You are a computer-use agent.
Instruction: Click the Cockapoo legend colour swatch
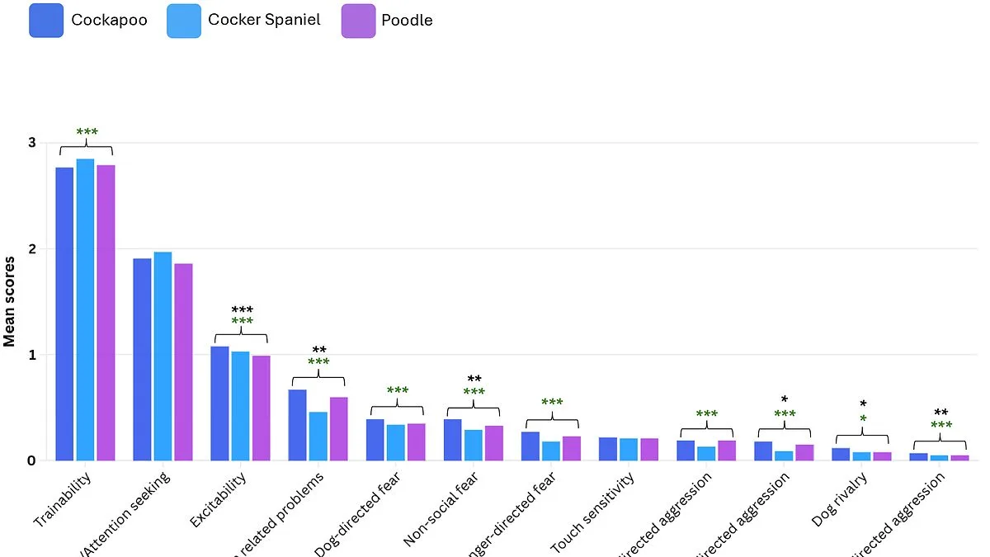[x=46, y=20]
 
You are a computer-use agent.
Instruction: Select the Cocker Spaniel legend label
[x=264, y=20]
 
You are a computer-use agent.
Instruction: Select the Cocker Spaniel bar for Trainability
[x=85, y=309]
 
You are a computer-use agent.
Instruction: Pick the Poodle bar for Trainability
[x=106, y=313]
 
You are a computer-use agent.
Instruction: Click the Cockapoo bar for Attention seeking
[x=142, y=359]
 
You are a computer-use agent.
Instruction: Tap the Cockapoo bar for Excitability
[x=219, y=404]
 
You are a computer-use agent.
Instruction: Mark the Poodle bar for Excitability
[x=261, y=408]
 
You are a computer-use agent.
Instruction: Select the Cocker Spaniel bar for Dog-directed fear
[x=395, y=442]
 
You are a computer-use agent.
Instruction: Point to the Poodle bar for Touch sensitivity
[x=648, y=449]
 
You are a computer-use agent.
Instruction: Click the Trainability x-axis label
[x=63, y=500]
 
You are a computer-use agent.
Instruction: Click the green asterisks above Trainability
[x=87, y=133]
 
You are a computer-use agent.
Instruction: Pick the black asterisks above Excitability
[x=242, y=310]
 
